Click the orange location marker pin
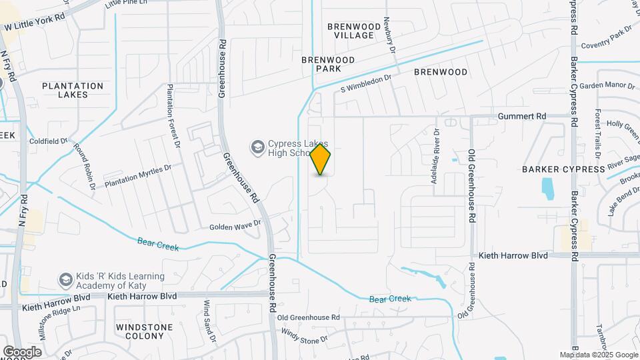321,159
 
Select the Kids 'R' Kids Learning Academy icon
65,279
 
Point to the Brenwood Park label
328,64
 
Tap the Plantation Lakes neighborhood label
73,90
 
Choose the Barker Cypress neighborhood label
563,169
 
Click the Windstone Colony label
144,332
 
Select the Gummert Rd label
522,116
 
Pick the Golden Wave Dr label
235,226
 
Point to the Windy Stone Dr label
305,335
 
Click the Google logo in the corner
22,351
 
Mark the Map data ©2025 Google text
598,355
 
